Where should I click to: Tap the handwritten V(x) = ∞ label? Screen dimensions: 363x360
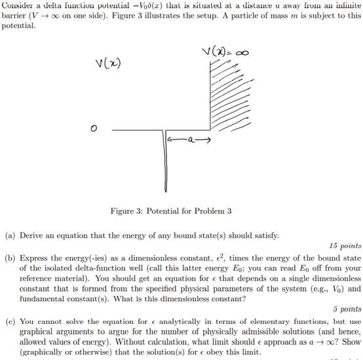(225, 52)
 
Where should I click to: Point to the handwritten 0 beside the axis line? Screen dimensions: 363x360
(94, 132)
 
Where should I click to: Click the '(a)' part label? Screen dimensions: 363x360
(10, 234)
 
